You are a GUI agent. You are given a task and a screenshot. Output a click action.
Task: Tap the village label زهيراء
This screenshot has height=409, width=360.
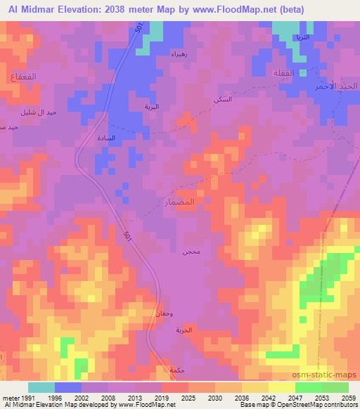(x=179, y=54)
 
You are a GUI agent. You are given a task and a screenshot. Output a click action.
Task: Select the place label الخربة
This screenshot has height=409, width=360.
(x=184, y=330)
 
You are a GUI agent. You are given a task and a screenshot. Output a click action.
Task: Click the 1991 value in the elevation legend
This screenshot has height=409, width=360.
(x=20, y=397)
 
